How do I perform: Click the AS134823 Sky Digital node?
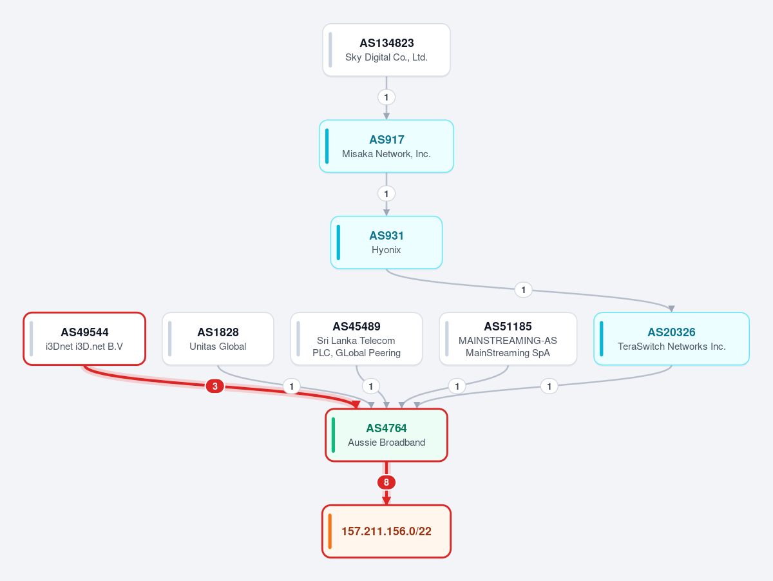[x=386, y=50]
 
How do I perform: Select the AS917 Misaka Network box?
[x=386, y=146]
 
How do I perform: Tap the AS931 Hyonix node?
[x=386, y=242]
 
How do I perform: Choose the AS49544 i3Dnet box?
[x=84, y=339]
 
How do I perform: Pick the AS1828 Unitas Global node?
[x=218, y=339]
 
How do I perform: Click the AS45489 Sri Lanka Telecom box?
[x=356, y=339]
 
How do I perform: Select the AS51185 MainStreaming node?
[x=508, y=339]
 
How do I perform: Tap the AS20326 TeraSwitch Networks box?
[x=672, y=339]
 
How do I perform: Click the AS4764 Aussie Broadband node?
[x=386, y=435]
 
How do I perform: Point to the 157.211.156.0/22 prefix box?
[x=386, y=531]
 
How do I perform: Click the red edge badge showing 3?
[x=215, y=386]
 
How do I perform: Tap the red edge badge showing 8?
[x=386, y=482]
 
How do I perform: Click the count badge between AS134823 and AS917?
[x=386, y=97]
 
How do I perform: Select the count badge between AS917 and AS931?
[x=386, y=194]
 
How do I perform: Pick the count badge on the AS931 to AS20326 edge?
[x=523, y=290]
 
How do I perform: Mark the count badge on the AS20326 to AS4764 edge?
[x=549, y=386]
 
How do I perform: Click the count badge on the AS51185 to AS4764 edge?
[x=457, y=386]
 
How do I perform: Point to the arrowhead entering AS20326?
[x=672, y=309]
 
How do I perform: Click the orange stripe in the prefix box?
[x=330, y=531]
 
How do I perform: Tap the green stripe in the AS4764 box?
[x=333, y=435]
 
